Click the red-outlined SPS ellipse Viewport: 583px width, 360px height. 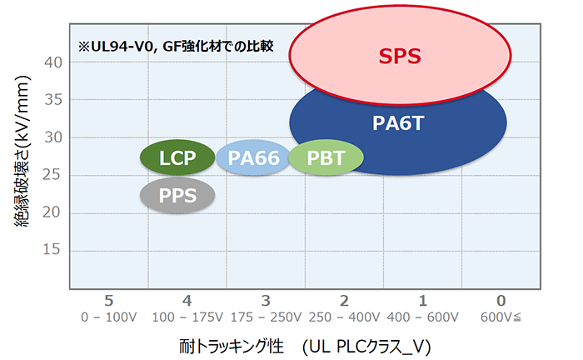pos(400,56)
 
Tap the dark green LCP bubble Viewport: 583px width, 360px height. pos(177,157)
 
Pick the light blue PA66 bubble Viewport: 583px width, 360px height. pos(253,157)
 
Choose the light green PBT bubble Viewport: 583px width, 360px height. pos(326,157)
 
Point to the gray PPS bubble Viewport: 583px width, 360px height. pos(177,195)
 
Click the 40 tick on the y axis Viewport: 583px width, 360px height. pos(53,62)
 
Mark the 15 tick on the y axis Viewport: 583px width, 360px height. pos(52,249)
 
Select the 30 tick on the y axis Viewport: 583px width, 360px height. pos(53,137)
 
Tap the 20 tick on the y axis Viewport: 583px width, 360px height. pos(52,212)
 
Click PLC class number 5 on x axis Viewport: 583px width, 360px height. pos(108,301)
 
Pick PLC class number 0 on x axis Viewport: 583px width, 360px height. pos(501,301)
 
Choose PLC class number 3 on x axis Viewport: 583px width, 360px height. pos(266,301)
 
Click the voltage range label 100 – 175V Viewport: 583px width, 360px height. pos(187,317)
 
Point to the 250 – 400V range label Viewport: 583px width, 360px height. pos(344,317)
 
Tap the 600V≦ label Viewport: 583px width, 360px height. pos(501,317)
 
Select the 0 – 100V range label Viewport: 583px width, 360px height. pos(109,317)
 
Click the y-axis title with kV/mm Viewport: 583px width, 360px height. pos(22,151)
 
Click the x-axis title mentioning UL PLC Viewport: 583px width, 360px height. pos(305,347)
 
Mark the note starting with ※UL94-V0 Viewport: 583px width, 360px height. pos(176,46)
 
